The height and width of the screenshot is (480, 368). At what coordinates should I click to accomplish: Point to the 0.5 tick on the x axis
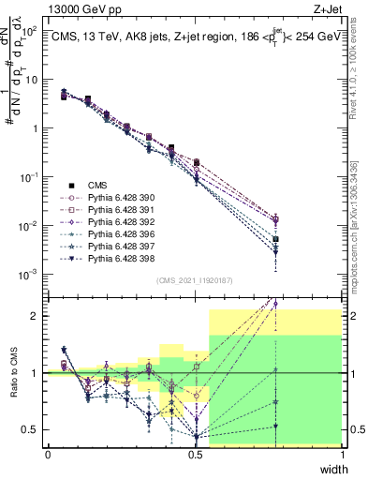point(195,454)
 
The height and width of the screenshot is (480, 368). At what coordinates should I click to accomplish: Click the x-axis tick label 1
point(342,454)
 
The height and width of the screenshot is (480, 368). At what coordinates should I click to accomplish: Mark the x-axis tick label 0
point(48,454)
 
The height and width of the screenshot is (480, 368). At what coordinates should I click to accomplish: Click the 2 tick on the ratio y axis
point(37,316)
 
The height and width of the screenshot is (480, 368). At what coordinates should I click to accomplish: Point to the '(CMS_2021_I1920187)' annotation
point(194,279)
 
